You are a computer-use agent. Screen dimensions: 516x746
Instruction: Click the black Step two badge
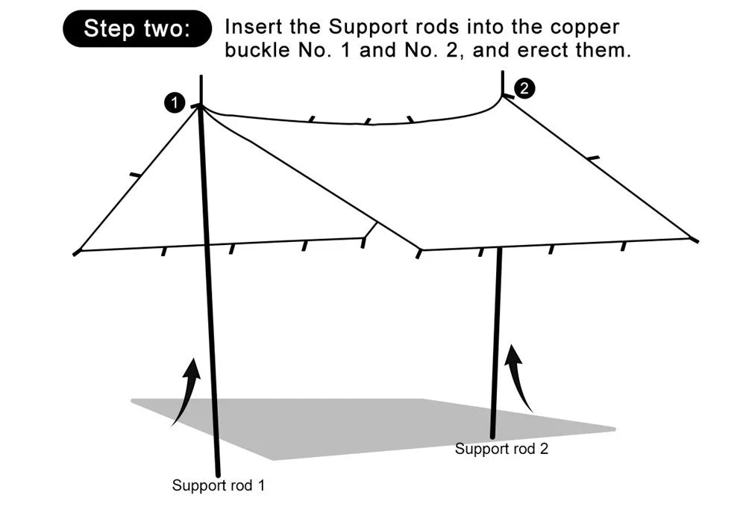tap(138, 28)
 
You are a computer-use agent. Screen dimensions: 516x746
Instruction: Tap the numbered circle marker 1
tap(175, 103)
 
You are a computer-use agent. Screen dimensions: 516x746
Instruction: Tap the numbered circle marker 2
tap(524, 88)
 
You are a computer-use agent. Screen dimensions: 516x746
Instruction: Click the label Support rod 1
tap(219, 485)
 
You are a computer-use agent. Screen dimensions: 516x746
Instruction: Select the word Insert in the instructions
tap(250, 28)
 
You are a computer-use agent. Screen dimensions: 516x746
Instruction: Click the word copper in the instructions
tap(585, 28)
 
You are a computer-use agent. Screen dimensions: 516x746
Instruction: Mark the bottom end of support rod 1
tap(219, 474)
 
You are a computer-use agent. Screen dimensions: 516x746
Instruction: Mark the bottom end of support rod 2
tap(493, 436)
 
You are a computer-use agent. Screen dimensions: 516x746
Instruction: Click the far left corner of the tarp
tap(76, 252)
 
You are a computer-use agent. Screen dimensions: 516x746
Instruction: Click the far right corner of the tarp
tap(695, 240)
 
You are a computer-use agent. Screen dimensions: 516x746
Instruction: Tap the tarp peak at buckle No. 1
tap(201, 107)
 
